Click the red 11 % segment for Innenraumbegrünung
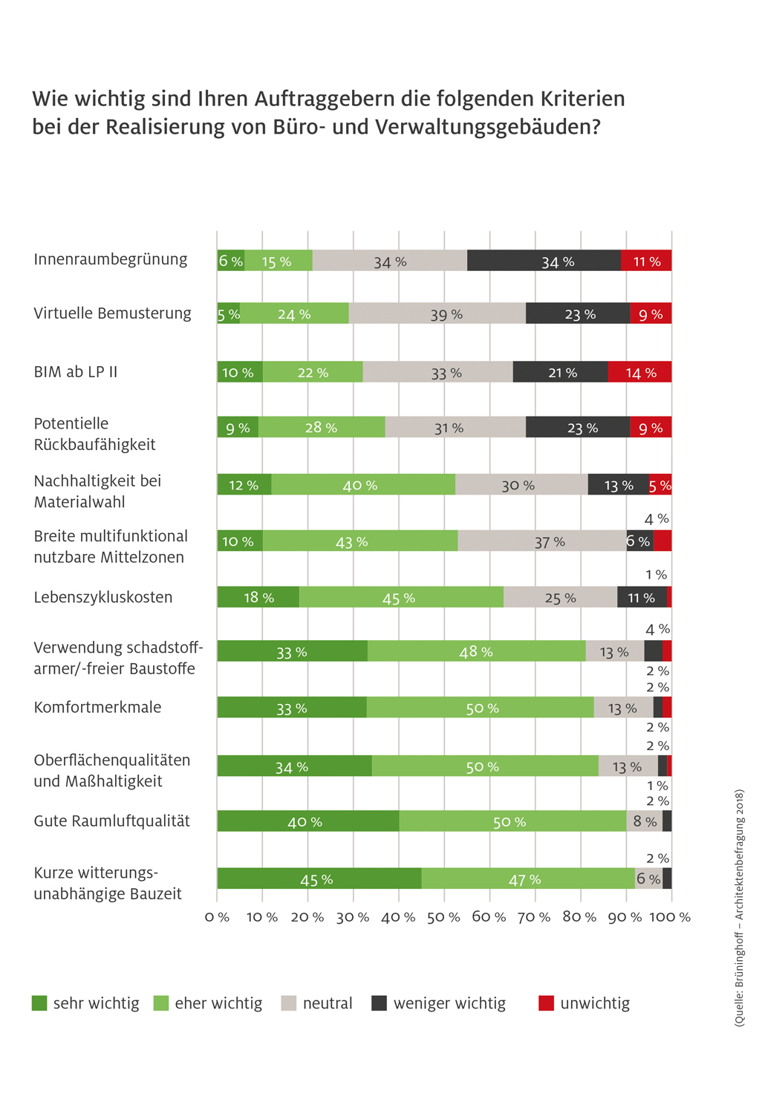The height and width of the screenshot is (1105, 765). (646, 261)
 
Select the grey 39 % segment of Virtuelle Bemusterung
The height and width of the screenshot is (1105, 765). (437, 313)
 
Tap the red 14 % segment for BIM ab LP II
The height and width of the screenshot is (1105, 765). (639, 371)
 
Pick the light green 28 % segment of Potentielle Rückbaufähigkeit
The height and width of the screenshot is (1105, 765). (322, 427)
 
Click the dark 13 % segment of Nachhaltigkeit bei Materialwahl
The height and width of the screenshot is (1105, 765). (619, 484)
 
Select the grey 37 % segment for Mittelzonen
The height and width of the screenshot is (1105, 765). (542, 540)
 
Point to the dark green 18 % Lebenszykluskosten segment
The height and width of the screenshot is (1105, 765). (258, 597)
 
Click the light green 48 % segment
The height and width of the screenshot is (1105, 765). (477, 651)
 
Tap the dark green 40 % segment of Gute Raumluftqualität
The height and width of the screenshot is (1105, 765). (308, 821)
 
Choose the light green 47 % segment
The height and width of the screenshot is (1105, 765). (528, 878)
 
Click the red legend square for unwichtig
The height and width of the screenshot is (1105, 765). (546, 1003)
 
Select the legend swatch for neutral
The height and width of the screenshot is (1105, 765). (288, 1003)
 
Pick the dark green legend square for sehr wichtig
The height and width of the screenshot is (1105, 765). (39, 1003)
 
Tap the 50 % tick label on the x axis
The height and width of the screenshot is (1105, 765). (443, 917)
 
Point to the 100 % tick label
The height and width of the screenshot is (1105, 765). (670, 917)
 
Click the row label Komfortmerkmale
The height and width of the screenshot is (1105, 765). (97, 707)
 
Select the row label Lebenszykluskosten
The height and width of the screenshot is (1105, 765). (103, 597)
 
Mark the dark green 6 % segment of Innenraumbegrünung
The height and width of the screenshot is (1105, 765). (231, 261)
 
